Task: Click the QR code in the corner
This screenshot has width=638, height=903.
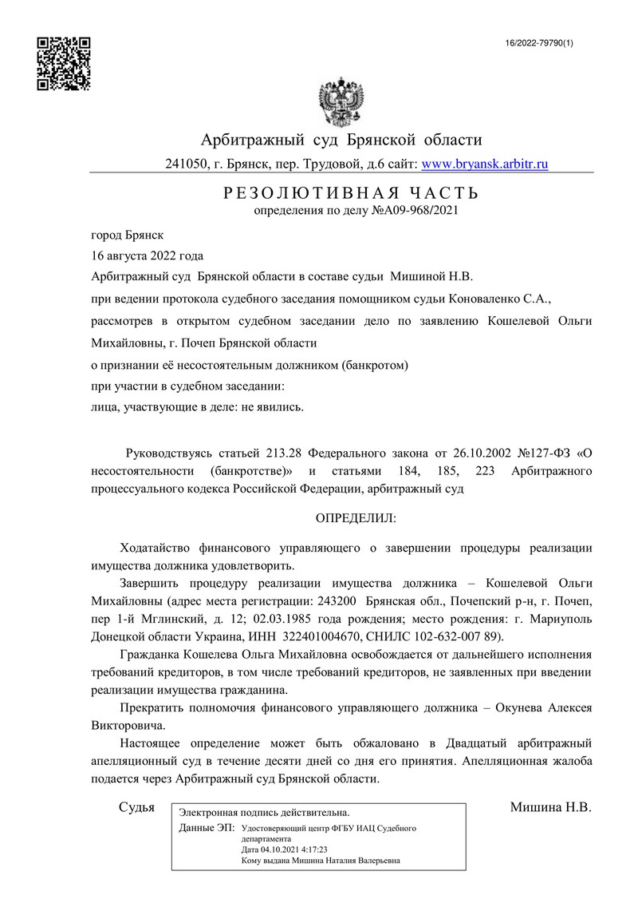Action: (x=65, y=64)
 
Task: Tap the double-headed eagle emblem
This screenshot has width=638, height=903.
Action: (x=341, y=100)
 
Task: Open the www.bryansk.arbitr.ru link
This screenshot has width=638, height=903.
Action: (x=484, y=164)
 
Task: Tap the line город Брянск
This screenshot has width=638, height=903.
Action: (x=128, y=236)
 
